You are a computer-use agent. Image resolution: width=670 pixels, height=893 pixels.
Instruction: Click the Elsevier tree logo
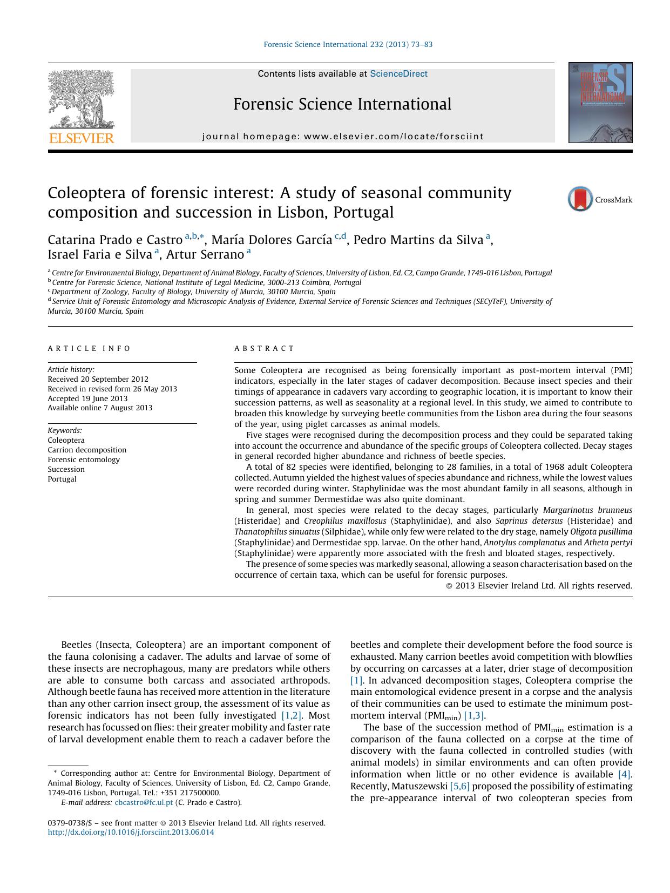[x=82, y=99]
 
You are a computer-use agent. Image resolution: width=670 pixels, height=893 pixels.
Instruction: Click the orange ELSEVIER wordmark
[x=82, y=138]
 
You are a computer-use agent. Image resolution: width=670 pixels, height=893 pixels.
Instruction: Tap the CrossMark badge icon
[x=580, y=199]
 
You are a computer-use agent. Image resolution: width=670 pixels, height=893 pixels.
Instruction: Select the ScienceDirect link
[x=398, y=74]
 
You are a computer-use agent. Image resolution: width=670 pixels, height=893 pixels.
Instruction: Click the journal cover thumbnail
[x=600, y=103]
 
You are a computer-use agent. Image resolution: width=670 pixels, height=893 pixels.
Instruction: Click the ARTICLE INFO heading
[x=89, y=349]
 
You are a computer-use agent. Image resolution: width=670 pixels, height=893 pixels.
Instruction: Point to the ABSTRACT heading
[x=264, y=349]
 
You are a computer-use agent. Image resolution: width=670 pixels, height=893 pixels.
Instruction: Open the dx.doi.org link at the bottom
[x=131, y=833]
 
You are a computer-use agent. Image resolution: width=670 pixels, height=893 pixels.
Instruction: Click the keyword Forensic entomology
[x=84, y=460]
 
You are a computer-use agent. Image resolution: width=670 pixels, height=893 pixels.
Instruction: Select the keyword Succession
[x=66, y=470]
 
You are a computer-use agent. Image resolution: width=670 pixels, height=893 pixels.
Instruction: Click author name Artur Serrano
[x=205, y=254]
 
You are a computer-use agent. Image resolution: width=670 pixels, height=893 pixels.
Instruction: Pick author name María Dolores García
[x=272, y=240]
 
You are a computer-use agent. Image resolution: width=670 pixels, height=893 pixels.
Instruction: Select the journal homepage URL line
[x=342, y=137]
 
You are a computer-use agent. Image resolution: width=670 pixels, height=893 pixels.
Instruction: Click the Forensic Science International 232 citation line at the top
[x=348, y=45]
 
